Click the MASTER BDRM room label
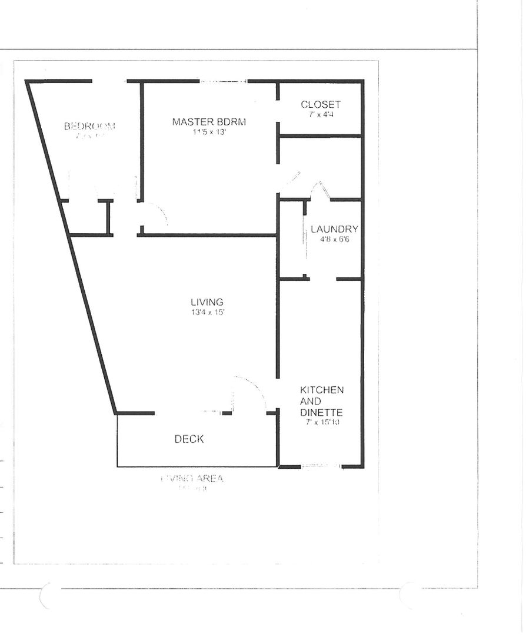(x=209, y=122)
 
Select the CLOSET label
(x=321, y=105)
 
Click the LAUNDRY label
(x=334, y=229)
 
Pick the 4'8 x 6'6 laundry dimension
(x=334, y=239)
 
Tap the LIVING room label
(x=207, y=302)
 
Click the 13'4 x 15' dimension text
(x=207, y=312)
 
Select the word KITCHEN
(x=322, y=390)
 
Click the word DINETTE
(x=321, y=413)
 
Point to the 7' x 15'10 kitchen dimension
(x=323, y=422)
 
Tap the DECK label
(x=189, y=439)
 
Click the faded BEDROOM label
(x=89, y=126)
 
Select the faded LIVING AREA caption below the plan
(x=192, y=479)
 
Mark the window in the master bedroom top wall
(x=224, y=81)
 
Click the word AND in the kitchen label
(x=311, y=402)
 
